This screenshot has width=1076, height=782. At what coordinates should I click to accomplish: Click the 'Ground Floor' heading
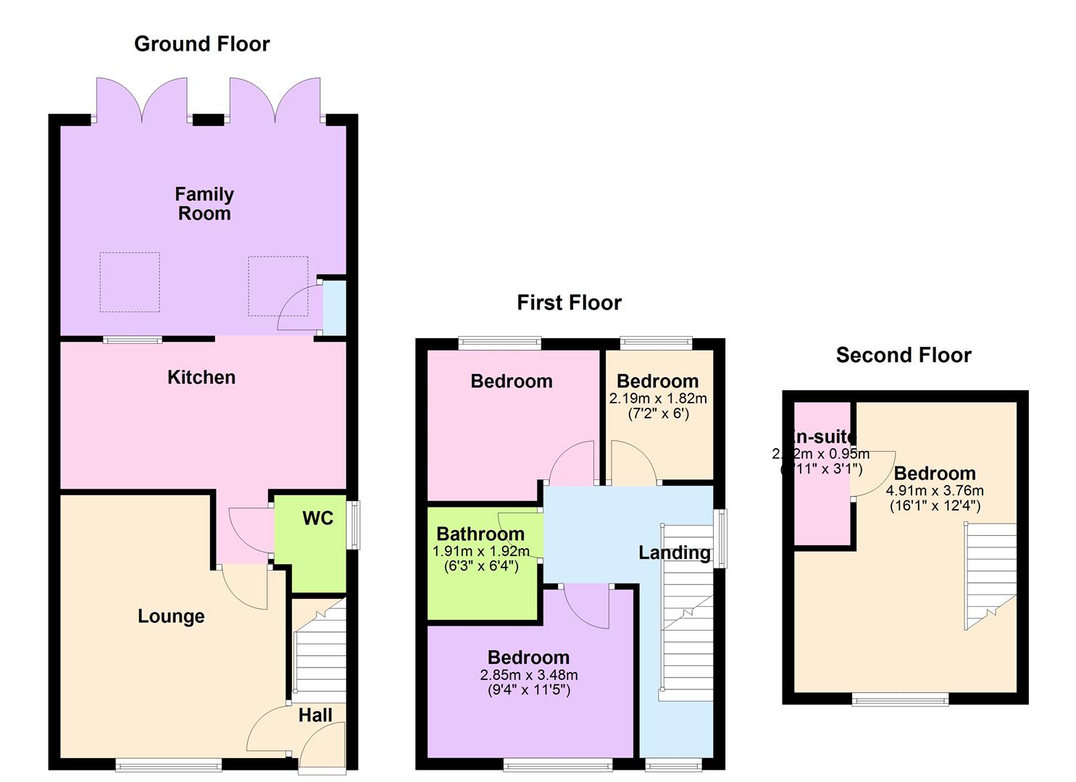[202, 44]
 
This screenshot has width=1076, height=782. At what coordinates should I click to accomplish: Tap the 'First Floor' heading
[569, 303]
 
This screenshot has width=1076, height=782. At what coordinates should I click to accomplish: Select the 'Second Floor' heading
[903, 355]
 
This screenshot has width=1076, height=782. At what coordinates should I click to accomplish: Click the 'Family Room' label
[204, 203]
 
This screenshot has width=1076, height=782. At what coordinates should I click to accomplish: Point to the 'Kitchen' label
[201, 377]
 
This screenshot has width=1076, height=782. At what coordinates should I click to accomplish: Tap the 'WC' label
[317, 518]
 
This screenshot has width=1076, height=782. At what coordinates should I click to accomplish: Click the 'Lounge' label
[171, 616]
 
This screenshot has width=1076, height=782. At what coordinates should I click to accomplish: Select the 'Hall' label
[315, 715]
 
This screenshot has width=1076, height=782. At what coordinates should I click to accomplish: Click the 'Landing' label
[674, 552]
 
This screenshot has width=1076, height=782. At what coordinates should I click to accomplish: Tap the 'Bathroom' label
[480, 534]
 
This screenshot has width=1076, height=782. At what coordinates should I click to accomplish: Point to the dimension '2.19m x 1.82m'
[658, 398]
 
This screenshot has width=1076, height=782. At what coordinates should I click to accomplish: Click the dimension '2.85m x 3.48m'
[528, 675]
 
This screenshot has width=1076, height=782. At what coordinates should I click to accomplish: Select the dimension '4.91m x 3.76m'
[935, 490]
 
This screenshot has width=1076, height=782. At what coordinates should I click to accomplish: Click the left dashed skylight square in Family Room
[130, 282]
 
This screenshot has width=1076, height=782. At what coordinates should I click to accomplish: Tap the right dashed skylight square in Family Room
[278, 286]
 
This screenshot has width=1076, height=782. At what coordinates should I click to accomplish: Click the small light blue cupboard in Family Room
[334, 308]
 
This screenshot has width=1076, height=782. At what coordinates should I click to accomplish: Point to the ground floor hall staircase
[320, 655]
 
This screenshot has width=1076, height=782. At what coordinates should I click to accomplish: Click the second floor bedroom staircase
[990, 576]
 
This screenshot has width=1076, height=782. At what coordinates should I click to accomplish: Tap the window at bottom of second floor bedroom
[900, 699]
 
